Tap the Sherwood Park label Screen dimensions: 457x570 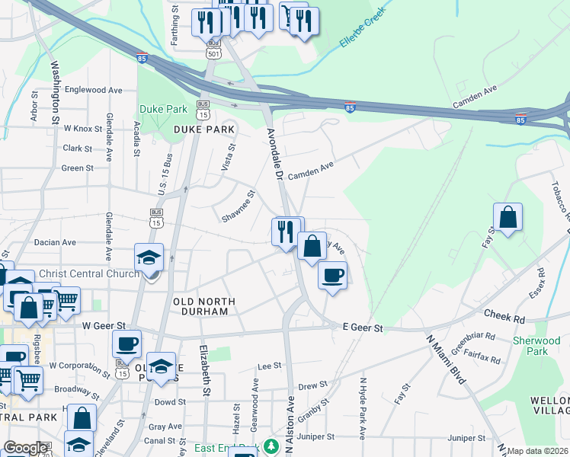[536, 346]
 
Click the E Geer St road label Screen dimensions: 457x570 [361, 328]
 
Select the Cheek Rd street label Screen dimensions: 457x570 [504, 314]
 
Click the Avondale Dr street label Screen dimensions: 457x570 [275, 153]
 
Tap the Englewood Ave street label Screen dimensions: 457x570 [94, 90]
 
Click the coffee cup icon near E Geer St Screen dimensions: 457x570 [331, 275]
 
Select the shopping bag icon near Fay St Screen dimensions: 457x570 [508, 217]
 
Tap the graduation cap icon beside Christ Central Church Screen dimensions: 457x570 [149, 257]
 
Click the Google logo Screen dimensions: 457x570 [25, 449]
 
